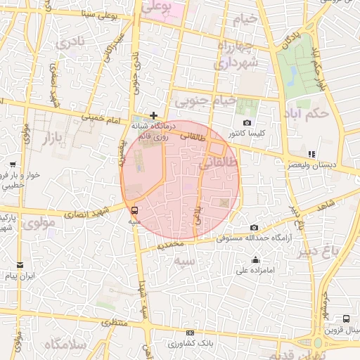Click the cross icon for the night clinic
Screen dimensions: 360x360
[154, 115]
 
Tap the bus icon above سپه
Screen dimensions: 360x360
[134, 210]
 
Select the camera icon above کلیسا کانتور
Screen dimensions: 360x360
[247, 123]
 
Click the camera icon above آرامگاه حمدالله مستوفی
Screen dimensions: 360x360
[254, 227]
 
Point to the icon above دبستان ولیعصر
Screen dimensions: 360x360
[311, 154]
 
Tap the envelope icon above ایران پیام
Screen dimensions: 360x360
[20, 265]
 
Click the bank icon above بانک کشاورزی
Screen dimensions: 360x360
[189, 333]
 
